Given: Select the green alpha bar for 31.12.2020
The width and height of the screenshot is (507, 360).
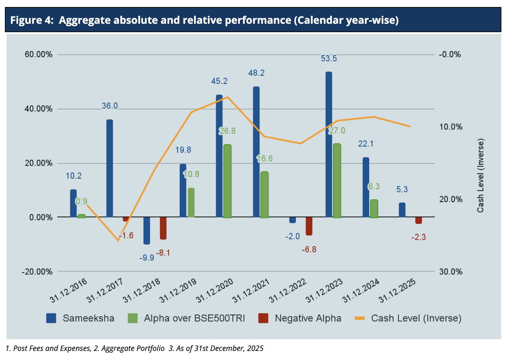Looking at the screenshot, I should (x=227, y=181).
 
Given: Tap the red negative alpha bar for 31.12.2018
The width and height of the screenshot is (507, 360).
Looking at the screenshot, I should (x=163, y=228).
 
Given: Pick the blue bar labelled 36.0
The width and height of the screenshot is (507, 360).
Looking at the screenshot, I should (x=110, y=168).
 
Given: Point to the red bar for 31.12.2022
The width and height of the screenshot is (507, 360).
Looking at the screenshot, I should (x=309, y=226).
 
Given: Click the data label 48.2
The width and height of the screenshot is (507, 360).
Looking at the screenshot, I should (x=256, y=73).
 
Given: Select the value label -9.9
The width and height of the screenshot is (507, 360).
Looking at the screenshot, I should (x=147, y=258).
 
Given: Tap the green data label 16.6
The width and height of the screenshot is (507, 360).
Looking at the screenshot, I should (x=265, y=159).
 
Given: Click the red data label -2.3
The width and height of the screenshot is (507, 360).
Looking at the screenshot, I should (x=419, y=237).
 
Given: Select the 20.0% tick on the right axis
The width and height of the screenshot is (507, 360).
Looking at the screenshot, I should (x=451, y=200).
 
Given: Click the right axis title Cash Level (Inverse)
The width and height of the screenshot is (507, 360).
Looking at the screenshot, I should (x=481, y=175).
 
